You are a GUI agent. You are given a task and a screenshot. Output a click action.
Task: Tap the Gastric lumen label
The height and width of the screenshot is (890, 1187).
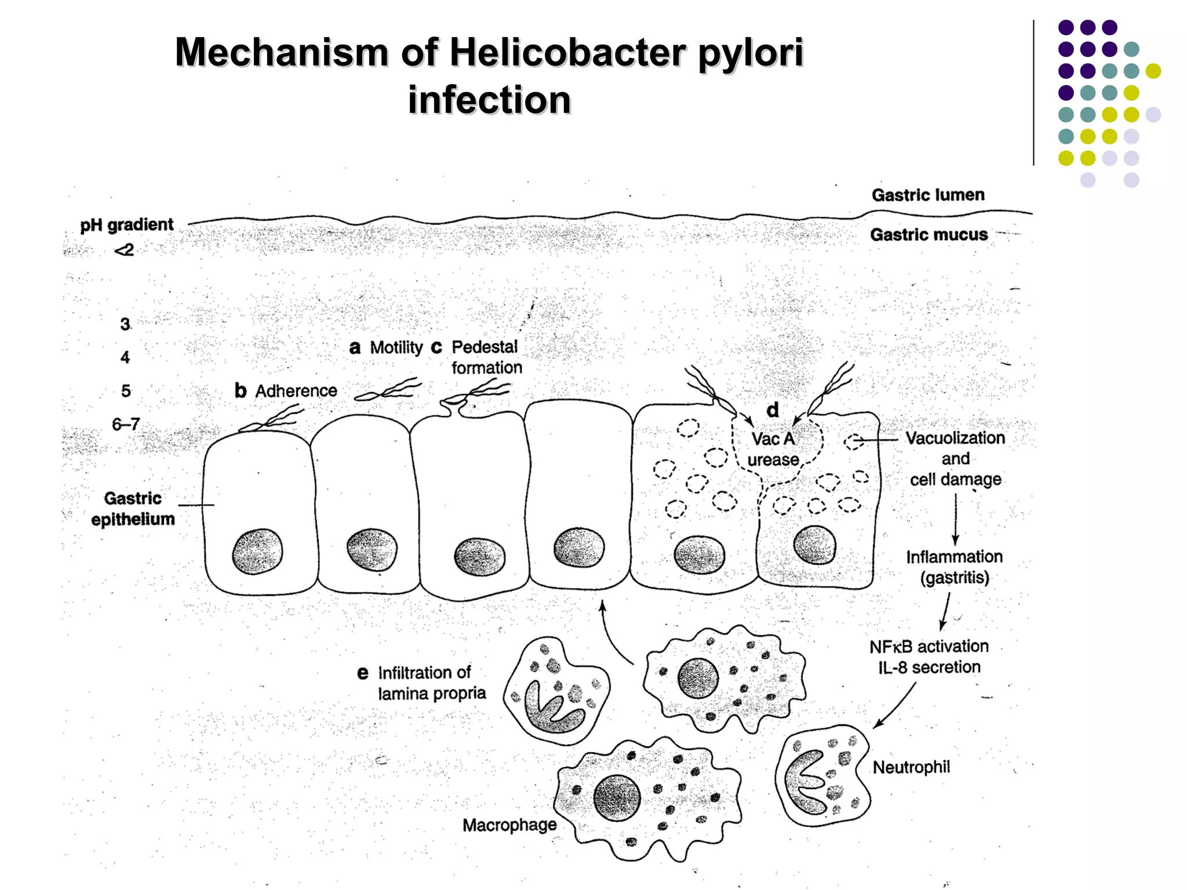pos(928,195)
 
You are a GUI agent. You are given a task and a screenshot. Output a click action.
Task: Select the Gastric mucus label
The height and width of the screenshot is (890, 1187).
pos(929,235)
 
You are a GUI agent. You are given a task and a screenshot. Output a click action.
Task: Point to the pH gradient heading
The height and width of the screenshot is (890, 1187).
pos(126,225)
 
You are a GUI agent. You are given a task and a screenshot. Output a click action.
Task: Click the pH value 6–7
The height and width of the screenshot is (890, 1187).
pos(126,425)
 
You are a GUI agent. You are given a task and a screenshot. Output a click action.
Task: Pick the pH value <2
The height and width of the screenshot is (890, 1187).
pos(124,250)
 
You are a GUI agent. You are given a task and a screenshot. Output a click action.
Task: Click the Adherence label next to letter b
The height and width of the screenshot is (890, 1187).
pos(296,391)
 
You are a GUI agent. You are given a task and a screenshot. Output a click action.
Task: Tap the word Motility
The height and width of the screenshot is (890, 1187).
pos(396,348)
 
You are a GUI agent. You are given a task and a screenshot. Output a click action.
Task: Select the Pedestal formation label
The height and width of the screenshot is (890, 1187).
pos(486,357)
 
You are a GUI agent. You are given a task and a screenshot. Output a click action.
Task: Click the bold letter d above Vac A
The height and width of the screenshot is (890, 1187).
pos(773,410)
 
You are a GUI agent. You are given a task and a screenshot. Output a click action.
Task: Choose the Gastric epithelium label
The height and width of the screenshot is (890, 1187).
pos(133,509)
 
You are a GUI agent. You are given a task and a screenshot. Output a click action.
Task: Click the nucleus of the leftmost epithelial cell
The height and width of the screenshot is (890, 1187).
pos(257,551)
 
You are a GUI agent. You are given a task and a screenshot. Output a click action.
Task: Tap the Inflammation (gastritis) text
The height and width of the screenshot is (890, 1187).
pos(955,567)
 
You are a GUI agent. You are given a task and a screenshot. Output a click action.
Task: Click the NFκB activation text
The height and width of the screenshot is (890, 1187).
pos(929,647)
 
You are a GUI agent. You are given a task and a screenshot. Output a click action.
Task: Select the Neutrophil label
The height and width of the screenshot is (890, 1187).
pos(911,767)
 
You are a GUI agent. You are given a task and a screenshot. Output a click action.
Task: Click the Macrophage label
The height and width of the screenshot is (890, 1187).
pos(509,825)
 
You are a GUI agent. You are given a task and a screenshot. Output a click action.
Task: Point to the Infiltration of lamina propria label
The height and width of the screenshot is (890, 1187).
pos(431,683)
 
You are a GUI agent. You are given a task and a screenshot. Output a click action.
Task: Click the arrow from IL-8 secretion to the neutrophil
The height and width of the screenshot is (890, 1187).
pos(895,705)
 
